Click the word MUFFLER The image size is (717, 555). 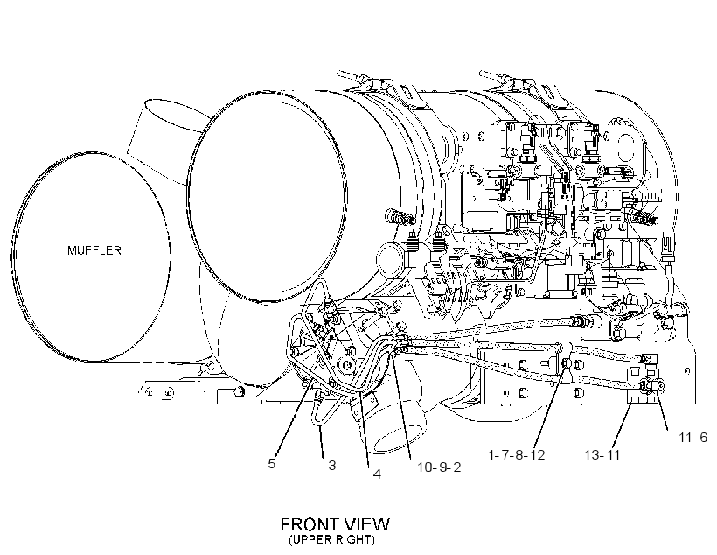pos(94,250)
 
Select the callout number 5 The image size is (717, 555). pos(272,463)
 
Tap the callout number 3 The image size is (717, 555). pos(332,465)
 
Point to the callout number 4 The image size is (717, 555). pos(377,474)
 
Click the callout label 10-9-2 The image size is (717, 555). pos(439,467)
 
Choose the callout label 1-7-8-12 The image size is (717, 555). pos(517,454)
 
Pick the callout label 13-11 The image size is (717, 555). pos(602,454)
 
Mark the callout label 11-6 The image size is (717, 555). pos(693,438)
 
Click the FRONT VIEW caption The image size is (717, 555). pos(335,524)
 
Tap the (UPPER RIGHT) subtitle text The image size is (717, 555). pos(332,539)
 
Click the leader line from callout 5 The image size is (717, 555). pos(294,418)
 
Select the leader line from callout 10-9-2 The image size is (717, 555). pos(402,404)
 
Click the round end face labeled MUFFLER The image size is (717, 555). pos(92,256)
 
